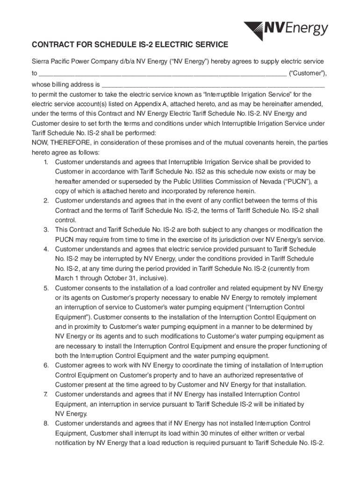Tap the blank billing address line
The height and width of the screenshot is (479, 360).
click(x=213, y=85)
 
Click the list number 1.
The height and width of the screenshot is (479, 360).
click(x=46, y=162)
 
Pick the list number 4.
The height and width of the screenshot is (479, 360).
click(x=46, y=249)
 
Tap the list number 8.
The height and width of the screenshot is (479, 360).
click(x=46, y=424)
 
